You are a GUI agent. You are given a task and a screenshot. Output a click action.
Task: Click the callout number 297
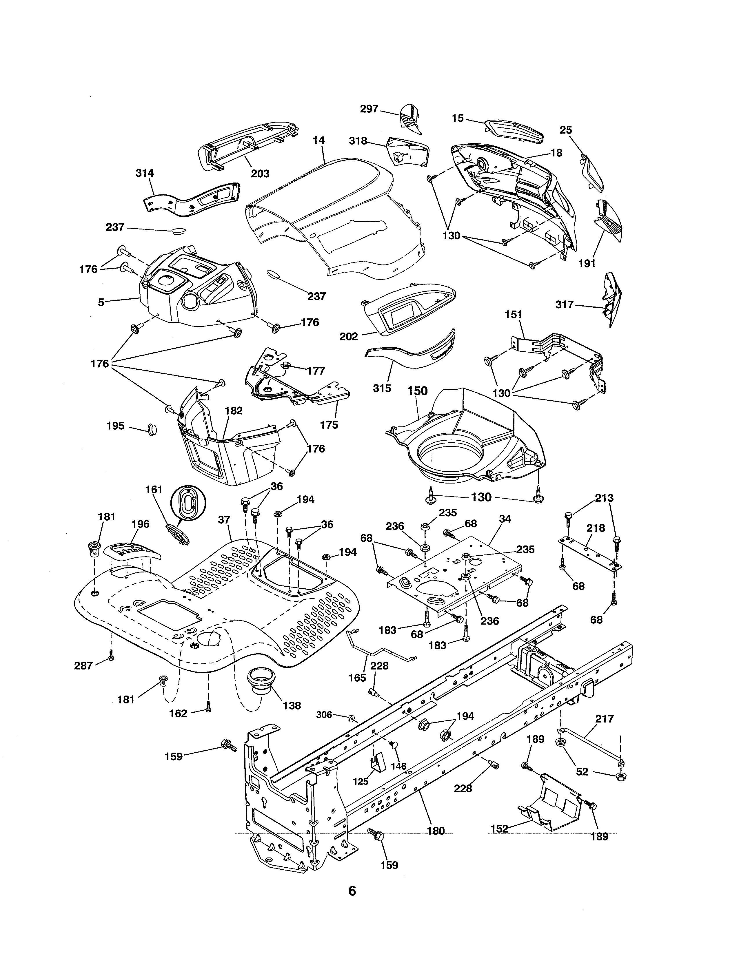click(x=369, y=109)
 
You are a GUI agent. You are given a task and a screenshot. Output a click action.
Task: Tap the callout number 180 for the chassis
click(x=436, y=831)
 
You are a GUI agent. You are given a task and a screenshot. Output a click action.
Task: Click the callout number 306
click(x=324, y=714)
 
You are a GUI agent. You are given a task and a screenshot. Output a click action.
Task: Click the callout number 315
click(x=382, y=388)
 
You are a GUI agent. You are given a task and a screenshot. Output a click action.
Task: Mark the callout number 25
click(x=566, y=130)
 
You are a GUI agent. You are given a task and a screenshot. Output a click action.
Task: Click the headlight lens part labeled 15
click(x=514, y=130)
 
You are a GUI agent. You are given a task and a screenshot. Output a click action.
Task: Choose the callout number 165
click(x=357, y=678)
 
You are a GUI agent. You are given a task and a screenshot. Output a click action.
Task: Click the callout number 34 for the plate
click(x=505, y=519)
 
